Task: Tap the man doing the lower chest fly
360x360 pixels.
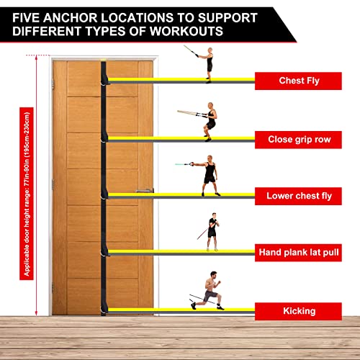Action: pos(209,174)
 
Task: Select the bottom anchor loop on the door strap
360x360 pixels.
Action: pos(106,310)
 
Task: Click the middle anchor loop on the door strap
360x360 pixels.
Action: pos(106,195)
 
